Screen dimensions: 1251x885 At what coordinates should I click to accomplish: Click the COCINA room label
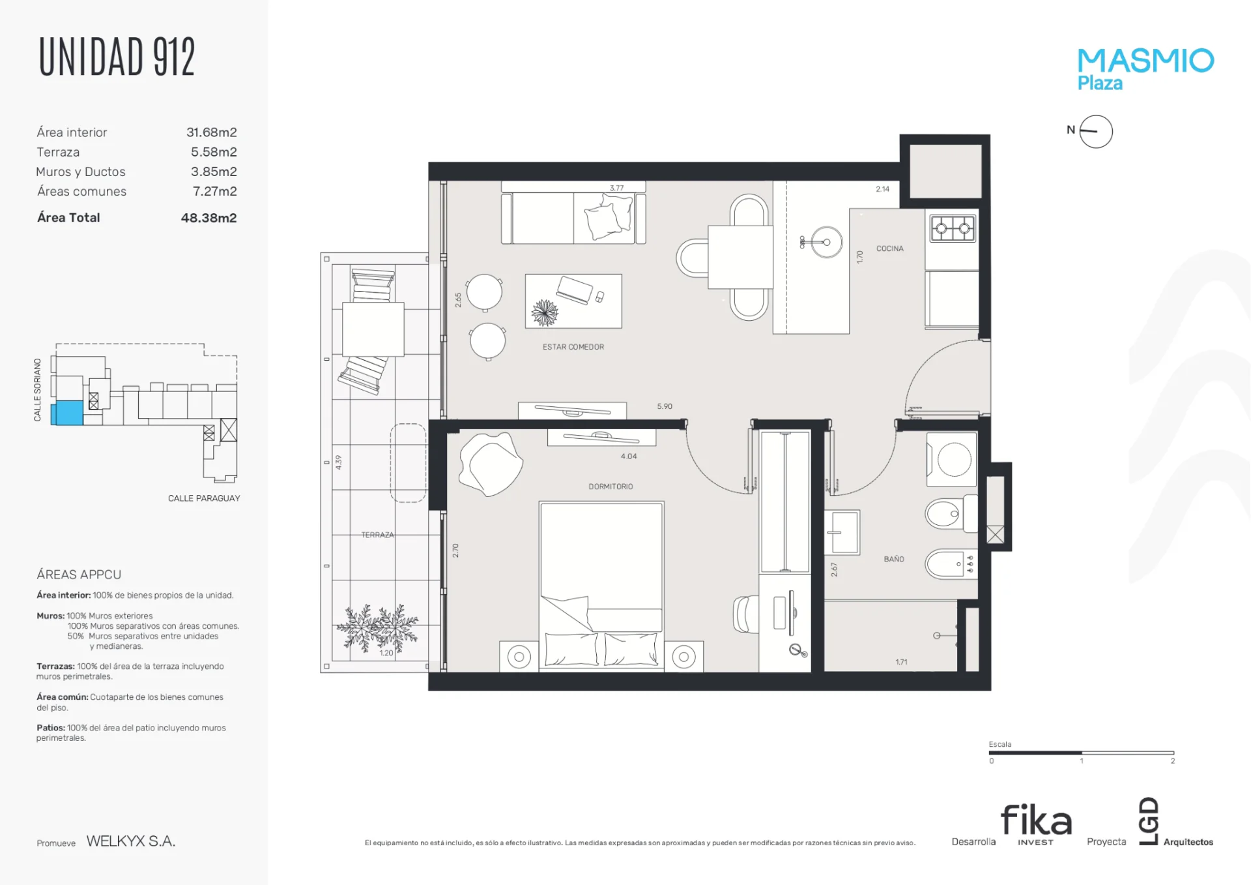click(889, 248)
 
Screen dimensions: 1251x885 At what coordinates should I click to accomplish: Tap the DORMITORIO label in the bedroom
click(611, 487)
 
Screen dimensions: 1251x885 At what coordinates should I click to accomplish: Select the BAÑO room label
click(894, 559)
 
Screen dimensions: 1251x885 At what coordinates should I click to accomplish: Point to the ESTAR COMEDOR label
click(573, 347)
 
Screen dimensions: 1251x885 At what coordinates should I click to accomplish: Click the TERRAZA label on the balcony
click(378, 535)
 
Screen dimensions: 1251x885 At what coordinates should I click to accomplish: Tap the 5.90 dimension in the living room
click(665, 406)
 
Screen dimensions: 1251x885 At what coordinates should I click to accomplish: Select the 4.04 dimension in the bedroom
click(629, 457)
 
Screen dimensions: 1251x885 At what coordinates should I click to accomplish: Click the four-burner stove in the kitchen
click(953, 228)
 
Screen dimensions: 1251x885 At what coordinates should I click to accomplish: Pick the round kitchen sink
click(826, 242)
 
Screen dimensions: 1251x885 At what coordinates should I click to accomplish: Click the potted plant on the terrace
click(378, 628)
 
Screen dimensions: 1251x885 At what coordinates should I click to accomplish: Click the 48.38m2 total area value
click(208, 218)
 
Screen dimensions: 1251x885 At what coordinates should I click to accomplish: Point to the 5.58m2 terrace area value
click(214, 152)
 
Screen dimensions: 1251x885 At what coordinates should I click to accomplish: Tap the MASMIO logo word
click(1145, 61)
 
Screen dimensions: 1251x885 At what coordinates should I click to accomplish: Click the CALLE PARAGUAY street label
click(204, 498)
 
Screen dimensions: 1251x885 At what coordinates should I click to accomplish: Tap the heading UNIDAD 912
click(117, 57)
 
